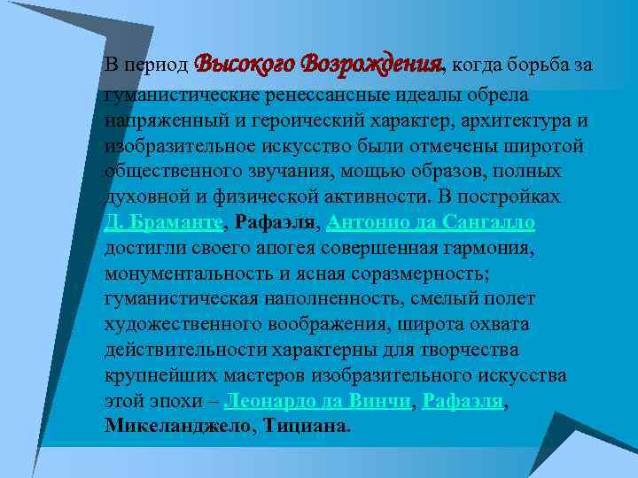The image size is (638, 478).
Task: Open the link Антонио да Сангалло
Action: tap(432, 222)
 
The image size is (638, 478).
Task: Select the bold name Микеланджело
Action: tap(180, 426)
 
